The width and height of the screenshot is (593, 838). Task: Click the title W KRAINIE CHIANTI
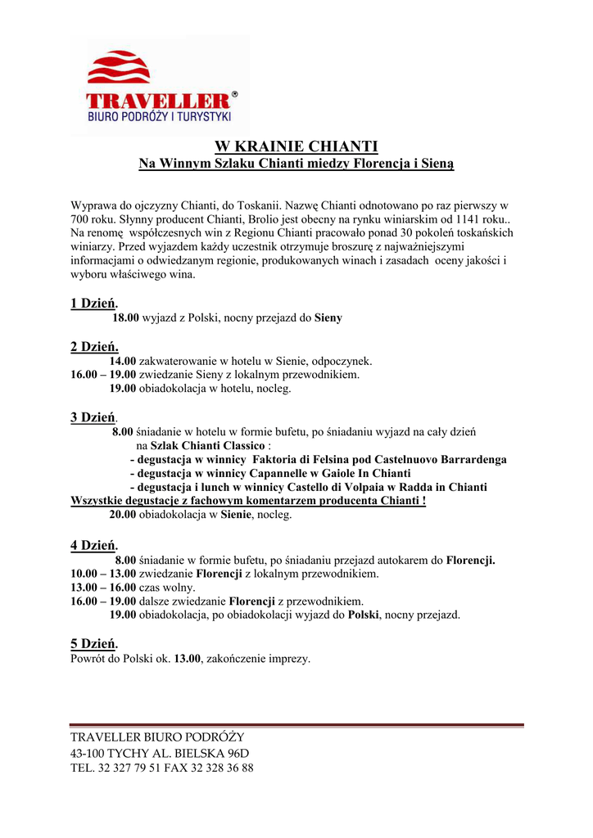[296, 146]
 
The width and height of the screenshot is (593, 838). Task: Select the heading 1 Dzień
[94, 304]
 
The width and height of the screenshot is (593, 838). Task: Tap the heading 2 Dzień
[94, 346]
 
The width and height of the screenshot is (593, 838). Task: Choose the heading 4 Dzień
[94, 545]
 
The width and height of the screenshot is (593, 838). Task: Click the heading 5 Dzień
[94, 644]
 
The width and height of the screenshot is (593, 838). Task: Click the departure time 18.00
[126, 318]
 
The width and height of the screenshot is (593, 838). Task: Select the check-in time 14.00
[123, 361]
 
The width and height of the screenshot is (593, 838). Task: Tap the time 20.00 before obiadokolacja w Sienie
[123, 516]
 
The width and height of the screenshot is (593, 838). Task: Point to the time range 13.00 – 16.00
[103, 588]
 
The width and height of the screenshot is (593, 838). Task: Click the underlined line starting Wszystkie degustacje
[249, 501]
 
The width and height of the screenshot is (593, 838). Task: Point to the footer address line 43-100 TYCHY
[160, 753]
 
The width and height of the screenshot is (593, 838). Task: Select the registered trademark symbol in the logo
[235, 95]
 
